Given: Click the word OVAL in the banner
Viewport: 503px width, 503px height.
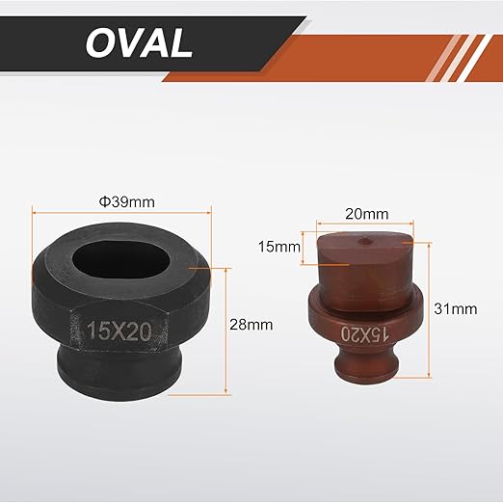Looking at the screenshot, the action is pyautogui.click(x=139, y=42).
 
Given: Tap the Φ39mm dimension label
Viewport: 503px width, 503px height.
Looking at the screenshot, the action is pyautogui.click(x=127, y=202).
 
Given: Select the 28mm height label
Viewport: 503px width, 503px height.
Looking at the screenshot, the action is pyautogui.click(x=251, y=325).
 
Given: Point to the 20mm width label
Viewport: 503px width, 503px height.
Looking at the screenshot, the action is pyautogui.click(x=366, y=214).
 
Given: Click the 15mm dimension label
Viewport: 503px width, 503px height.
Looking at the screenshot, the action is pyautogui.click(x=279, y=247).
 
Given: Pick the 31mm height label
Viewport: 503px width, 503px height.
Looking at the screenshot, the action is pyautogui.click(x=456, y=309).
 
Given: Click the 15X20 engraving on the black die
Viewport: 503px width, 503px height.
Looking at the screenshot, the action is pyautogui.click(x=119, y=331).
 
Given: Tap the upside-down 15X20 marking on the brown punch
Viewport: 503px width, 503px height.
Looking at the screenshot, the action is pyautogui.click(x=365, y=334).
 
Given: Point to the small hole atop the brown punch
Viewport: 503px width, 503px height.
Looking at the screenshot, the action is pyautogui.click(x=365, y=240).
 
